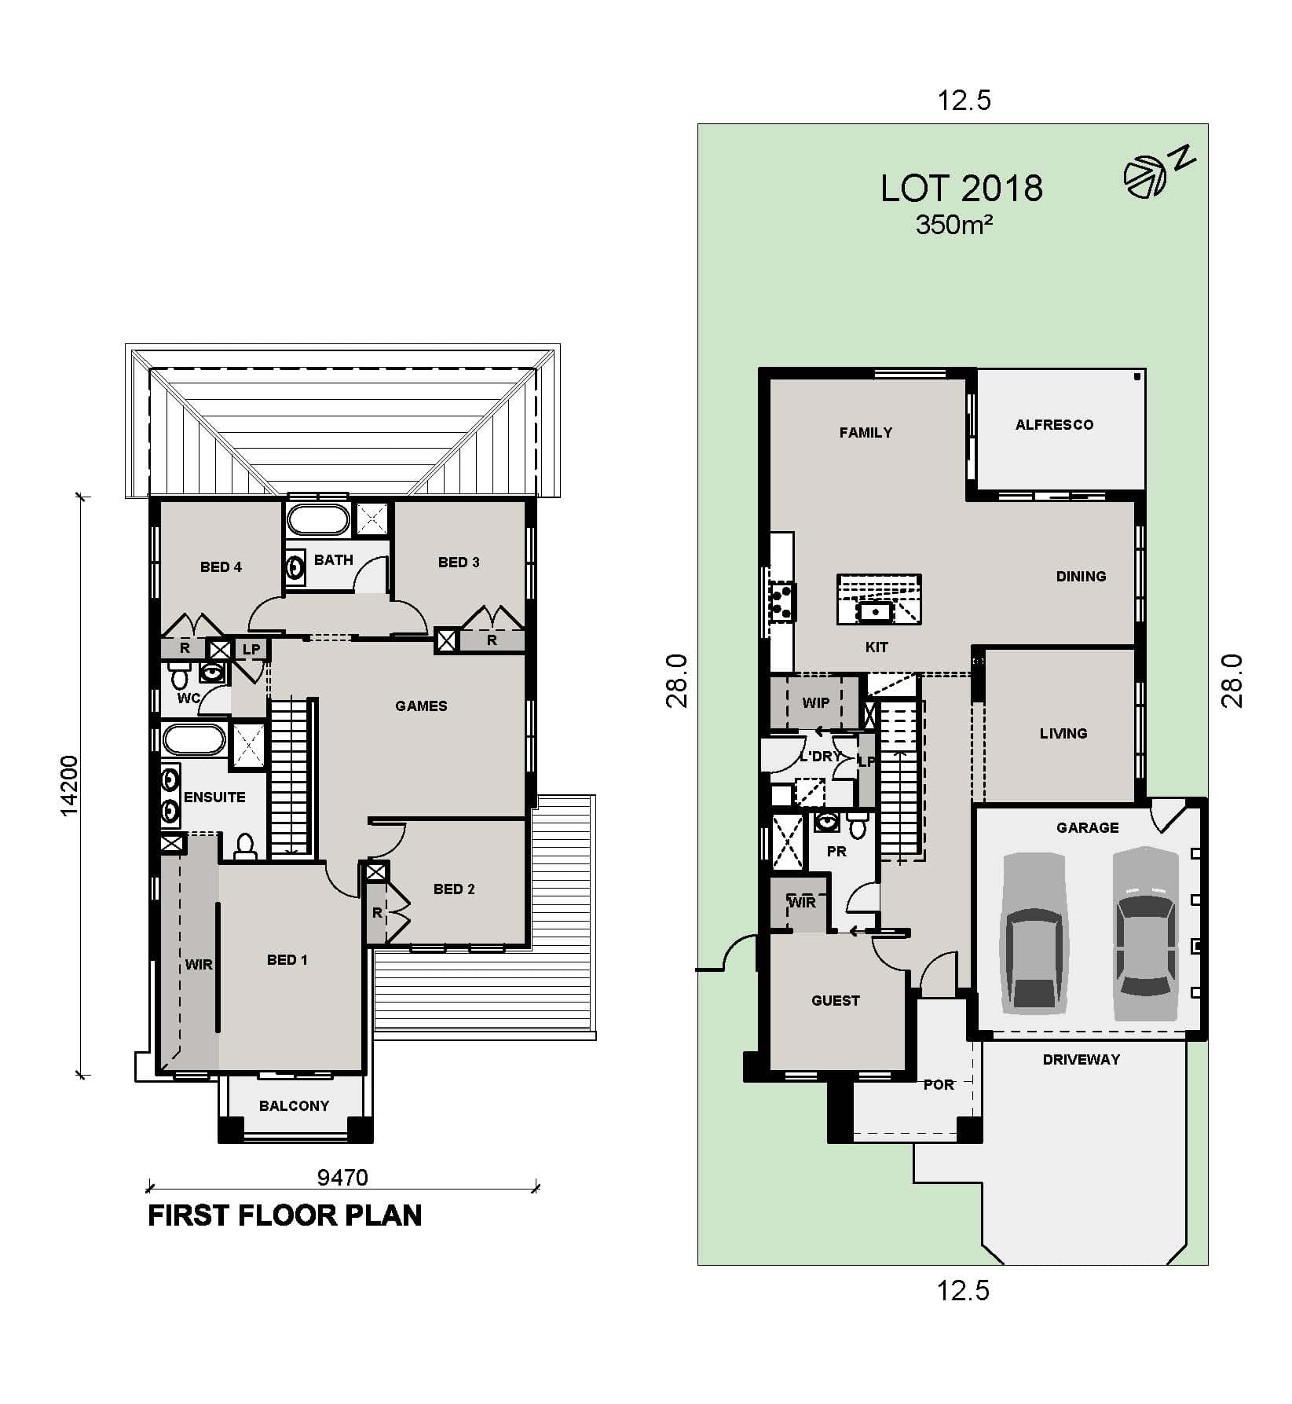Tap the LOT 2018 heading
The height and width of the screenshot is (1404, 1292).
pos(961,189)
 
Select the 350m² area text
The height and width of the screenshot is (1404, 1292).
pos(953,225)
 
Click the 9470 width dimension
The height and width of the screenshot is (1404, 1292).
pos(342,1177)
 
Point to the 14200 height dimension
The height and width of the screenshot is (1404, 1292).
pos(69,785)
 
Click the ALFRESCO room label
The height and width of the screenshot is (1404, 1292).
pos(1054,425)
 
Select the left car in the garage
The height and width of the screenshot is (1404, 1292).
pos(1034,932)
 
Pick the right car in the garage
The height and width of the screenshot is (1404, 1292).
pos(1146,932)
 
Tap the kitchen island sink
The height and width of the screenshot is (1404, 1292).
pos(875,610)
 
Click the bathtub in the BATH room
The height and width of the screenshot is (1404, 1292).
pos(318,520)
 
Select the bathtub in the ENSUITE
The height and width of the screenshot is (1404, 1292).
pos(194,740)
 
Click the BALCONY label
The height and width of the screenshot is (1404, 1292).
pos(294,1106)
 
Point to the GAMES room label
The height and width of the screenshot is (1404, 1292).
pos(421,706)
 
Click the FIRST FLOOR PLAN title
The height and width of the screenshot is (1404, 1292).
pos(284,1215)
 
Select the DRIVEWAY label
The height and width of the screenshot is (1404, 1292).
pos(1081,1060)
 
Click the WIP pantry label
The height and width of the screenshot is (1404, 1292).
pos(815,703)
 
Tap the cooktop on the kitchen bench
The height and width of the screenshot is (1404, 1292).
pos(782,602)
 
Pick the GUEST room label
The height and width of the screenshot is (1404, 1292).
pos(835,1001)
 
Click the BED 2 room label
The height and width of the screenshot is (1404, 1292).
pos(454,889)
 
